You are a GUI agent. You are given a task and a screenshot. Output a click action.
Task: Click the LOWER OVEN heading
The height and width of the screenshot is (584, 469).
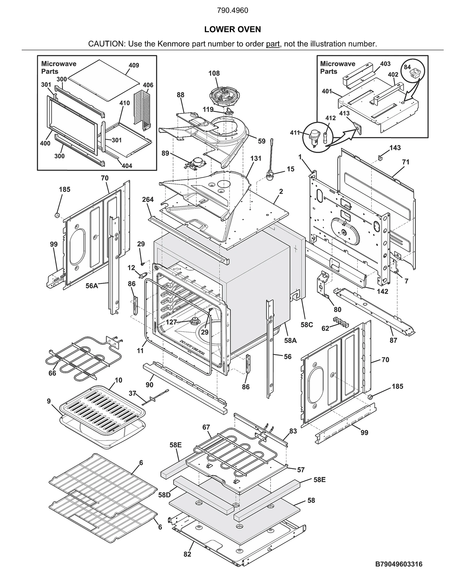click(x=232, y=29)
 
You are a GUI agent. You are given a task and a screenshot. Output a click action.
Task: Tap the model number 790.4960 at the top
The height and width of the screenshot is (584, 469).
click(x=232, y=11)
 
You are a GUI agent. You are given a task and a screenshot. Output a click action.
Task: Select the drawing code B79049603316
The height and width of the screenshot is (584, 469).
click(x=399, y=564)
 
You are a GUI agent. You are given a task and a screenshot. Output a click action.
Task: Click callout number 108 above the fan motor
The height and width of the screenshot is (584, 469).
click(x=214, y=73)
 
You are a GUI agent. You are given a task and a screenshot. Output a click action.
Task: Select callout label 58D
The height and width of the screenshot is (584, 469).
click(x=164, y=495)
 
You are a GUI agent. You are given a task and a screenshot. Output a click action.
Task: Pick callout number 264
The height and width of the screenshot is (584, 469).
click(x=148, y=200)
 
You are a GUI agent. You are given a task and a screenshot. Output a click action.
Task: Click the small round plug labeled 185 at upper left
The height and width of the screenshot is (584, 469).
click(x=57, y=215)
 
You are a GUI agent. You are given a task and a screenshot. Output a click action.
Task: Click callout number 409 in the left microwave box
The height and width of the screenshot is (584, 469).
click(x=134, y=65)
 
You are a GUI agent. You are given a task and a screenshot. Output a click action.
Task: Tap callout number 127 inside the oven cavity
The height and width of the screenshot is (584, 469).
click(x=171, y=322)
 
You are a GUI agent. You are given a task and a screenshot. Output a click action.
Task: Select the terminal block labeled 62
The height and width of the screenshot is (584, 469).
click(x=341, y=322)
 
